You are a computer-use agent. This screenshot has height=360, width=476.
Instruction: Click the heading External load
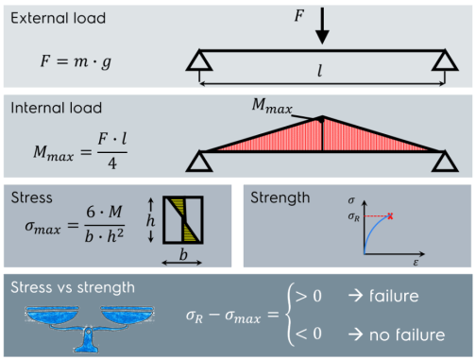59,18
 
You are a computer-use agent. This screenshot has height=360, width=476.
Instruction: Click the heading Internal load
56,108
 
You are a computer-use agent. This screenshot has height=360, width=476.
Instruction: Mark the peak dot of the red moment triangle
323,118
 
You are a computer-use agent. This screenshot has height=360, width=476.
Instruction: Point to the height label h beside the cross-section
149,218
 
